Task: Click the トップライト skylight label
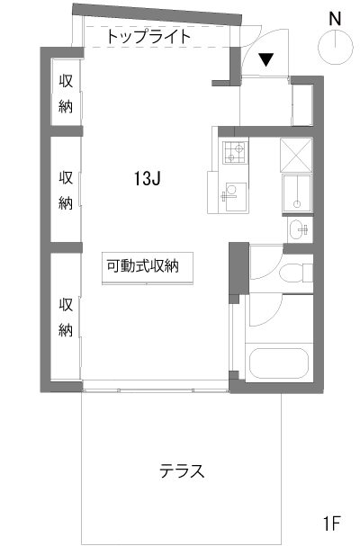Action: (x=148, y=37)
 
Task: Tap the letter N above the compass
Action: (x=335, y=19)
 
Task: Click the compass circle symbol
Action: (x=336, y=48)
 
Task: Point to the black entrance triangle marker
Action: (x=266, y=59)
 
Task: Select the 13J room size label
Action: (x=147, y=179)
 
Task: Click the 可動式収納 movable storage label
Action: (x=142, y=266)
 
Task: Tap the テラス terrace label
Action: (x=182, y=471)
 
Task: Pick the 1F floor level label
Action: (x=331, y=523)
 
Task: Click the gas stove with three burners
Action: (x=235, y=152)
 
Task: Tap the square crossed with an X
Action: (x=296, y=155)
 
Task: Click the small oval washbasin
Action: (x=300, y=229)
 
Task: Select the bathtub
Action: (x=279, y=363)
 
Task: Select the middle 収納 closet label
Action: (x=65, y=190)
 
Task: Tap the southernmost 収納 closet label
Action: (x=65, y=317)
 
